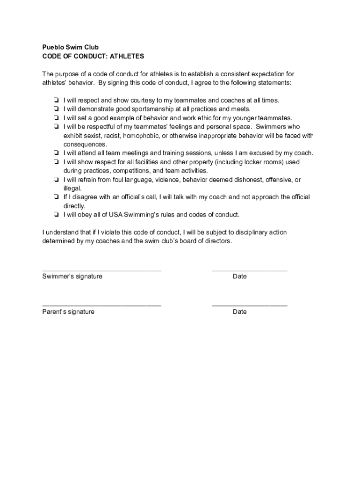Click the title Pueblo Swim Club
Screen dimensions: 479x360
pos(70,47)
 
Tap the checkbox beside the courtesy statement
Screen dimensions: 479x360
pos(56,100)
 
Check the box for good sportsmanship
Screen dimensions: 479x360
pos(56,109)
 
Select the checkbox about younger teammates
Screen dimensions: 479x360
pos(56,118)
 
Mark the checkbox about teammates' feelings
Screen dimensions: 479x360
pos(56,127)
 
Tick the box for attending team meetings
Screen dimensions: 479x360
pos(56,153)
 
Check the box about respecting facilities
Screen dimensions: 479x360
pos(56,162)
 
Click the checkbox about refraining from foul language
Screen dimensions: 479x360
pos(56,180)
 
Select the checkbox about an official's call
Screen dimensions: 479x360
pos(56,197)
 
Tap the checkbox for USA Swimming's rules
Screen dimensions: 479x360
pos(56,215)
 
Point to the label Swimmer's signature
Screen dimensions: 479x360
pos(72,276)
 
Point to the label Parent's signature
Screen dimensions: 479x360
pos(68,312)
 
